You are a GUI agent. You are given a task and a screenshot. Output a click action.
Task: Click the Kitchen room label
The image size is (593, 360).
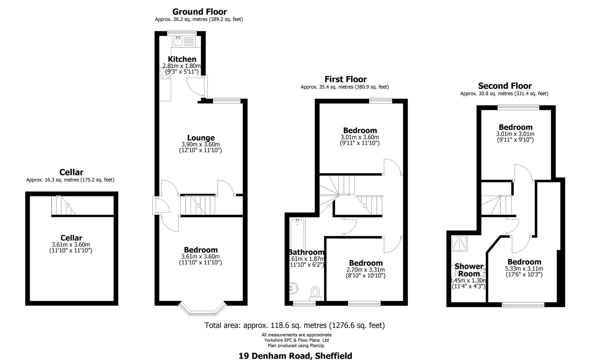[182, 59]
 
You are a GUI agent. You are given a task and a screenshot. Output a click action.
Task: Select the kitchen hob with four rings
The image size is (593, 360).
[165, 73]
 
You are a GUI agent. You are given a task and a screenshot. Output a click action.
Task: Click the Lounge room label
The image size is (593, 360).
[201, 138]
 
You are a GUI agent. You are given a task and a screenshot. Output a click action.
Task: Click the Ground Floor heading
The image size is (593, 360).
[199, 12]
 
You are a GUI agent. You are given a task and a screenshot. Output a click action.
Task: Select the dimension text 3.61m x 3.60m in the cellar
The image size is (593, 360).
[71, 244]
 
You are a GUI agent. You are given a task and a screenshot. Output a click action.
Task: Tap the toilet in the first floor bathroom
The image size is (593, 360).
[315, 292]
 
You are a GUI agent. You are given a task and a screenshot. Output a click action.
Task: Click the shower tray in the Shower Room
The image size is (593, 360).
[460, 244]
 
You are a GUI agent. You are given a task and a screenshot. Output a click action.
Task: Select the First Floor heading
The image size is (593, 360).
[345, 79]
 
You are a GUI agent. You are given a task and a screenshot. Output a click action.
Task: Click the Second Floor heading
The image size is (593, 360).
[505, 86]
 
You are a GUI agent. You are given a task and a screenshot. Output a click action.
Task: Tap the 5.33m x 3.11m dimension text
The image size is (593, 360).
[524, 268]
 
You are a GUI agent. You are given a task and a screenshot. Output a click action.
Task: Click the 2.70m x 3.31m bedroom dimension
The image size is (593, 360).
[365, 270]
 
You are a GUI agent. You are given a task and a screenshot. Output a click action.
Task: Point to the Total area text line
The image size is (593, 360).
[294, 325]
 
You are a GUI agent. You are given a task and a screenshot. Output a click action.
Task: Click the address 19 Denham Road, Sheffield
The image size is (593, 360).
[295, 356]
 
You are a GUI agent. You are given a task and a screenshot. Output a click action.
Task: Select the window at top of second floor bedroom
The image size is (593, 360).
[518, 107]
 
